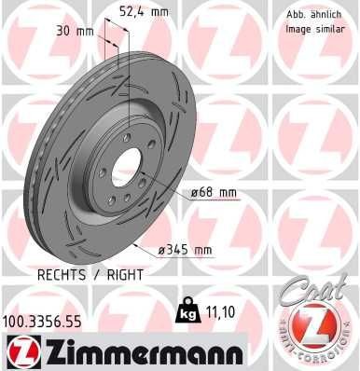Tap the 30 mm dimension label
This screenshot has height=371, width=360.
point(74,31)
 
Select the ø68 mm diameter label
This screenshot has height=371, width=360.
point(215,193)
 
